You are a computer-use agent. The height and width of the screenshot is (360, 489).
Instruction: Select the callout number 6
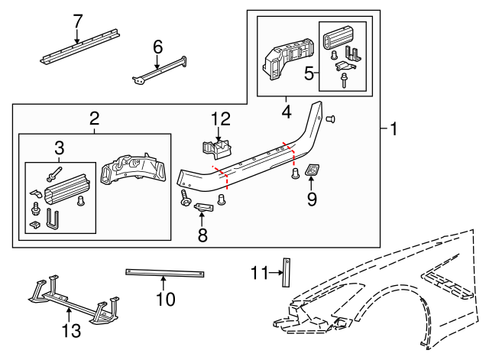point(158,47)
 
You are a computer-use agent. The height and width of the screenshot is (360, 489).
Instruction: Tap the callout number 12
point(220,118)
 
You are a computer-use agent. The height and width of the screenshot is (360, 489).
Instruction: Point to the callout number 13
point(70,331)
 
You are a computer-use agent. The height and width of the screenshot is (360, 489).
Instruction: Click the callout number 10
point(166,299)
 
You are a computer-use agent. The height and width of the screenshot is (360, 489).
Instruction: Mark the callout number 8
point(202,235)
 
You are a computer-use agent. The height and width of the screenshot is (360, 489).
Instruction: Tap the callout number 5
point(309,73)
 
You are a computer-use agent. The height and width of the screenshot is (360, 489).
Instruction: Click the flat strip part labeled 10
point(166,273)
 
